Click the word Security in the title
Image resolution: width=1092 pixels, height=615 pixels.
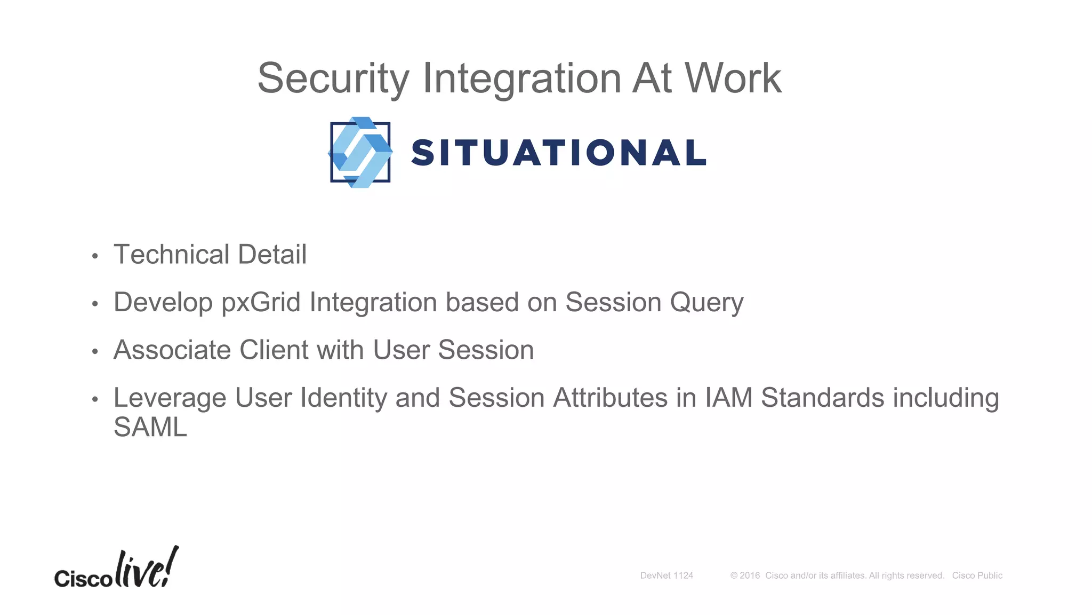pos(333,79)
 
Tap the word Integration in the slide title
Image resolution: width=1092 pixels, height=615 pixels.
pos(521,79)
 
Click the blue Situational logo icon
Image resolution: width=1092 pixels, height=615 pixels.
pos(360,152)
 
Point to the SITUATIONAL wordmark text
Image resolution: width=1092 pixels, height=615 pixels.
pos(559,153)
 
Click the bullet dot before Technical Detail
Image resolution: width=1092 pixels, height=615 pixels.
pos(95,257)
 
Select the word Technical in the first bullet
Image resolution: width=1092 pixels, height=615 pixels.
pos(171,254)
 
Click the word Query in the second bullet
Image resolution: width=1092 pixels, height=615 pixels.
pos(706,303)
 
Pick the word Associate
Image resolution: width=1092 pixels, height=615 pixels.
pos(172,350)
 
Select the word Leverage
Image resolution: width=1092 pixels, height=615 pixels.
pos(170,398)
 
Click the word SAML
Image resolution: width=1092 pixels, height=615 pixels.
pos(150,427)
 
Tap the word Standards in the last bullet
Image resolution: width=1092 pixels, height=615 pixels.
pos(822,398)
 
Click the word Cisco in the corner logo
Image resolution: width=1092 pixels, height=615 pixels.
pos(83,578)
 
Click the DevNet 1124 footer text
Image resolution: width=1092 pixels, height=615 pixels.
pos(667,575)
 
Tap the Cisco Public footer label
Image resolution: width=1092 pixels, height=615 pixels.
pos(977,575)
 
